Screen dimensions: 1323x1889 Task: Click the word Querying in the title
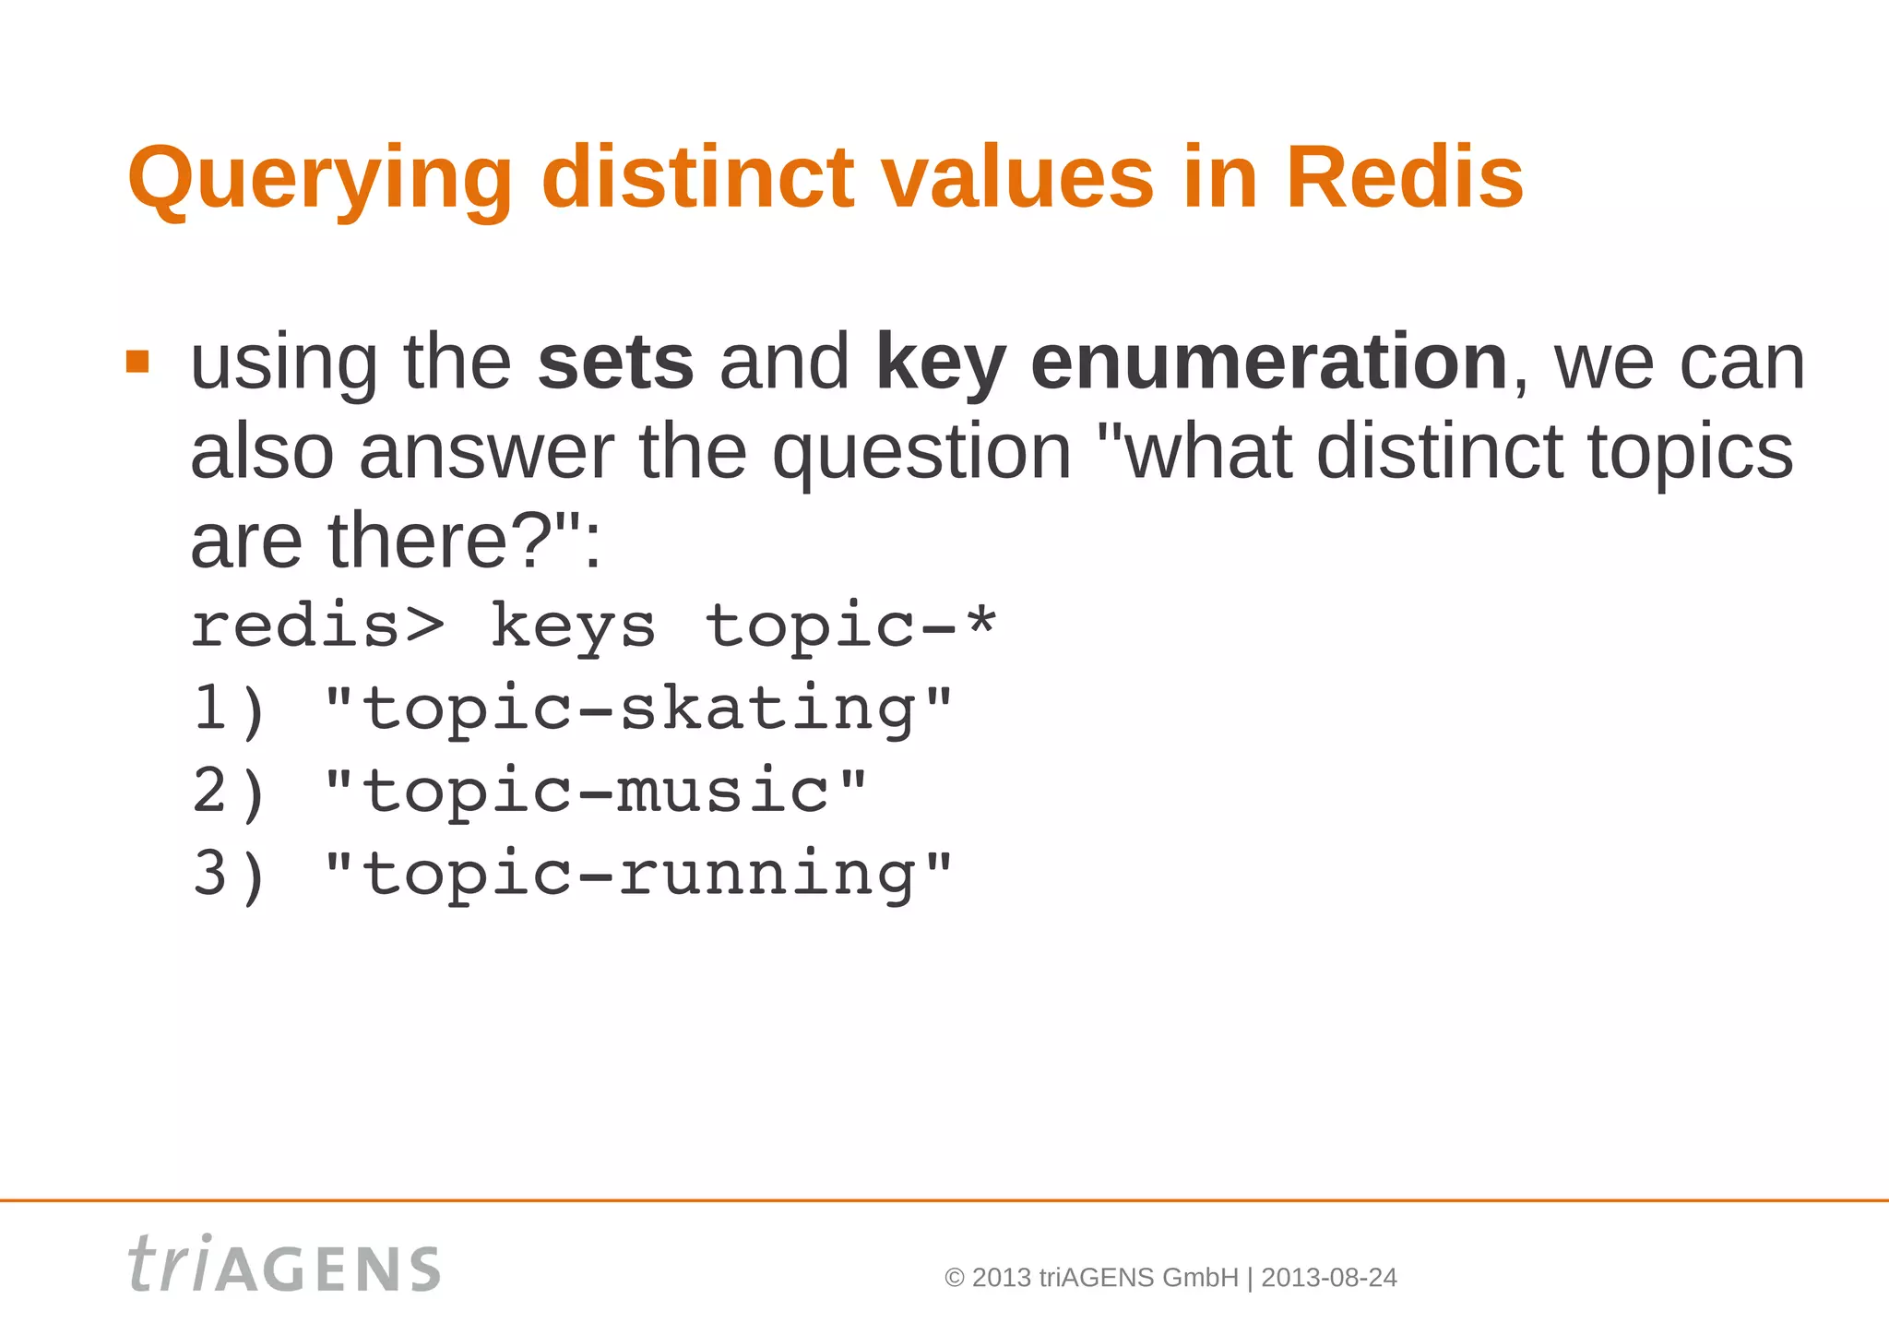click(x=319, y=179)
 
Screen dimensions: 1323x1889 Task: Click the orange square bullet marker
click(x=137, y=361)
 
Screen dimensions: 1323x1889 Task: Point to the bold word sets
click(x=615, y=363)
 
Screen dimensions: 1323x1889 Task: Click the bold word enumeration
click(x=1269, y=363)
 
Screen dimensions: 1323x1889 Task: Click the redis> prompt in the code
click(x=317, y=626)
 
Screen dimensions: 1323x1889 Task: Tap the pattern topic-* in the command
click(x=850, y=626)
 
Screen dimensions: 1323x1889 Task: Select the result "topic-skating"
click(x=638, y=709)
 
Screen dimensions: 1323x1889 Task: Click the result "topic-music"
click(x=596, y=792)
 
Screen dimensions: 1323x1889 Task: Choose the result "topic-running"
click(x=638, y=875)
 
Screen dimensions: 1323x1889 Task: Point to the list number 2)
click(x=229, y=792)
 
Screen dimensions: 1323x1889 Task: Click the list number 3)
click(x=229, y=874)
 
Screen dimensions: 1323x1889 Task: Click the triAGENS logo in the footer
click(x=284, y=1265)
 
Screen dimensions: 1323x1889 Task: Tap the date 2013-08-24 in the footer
click(x=1328, y=1278)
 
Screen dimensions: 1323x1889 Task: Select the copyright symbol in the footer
click(x=955, y=1279)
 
